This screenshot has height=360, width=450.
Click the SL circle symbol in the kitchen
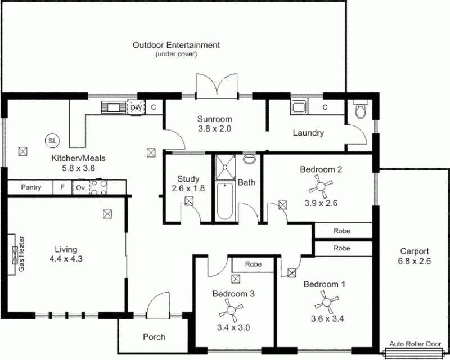point(52,141)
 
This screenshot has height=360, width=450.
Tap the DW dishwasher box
point(136,107)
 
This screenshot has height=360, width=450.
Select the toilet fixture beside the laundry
point(361,109)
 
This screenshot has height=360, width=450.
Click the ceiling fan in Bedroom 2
point(321,187)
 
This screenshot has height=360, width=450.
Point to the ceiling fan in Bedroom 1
point(326,302)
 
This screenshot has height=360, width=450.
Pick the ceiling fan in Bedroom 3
point(231,310)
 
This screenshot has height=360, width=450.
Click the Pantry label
point(31,187)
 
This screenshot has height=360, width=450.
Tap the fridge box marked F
point(62,187)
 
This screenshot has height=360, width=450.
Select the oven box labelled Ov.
point(81,187)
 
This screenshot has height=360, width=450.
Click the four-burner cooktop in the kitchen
point(100,187)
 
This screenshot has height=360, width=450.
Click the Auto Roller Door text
point(415,344)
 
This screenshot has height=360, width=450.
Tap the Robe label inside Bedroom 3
point(253,264)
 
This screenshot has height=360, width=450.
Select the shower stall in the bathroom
point(226,168)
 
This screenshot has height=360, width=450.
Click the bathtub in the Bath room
point(224,201)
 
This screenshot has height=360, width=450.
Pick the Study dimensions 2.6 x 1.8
point(188,188)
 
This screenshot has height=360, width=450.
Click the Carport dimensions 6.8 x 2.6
point(414,261)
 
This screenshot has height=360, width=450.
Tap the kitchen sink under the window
point(114,107)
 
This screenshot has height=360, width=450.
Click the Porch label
point(154,337)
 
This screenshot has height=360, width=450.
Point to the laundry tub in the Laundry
point(299,107)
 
